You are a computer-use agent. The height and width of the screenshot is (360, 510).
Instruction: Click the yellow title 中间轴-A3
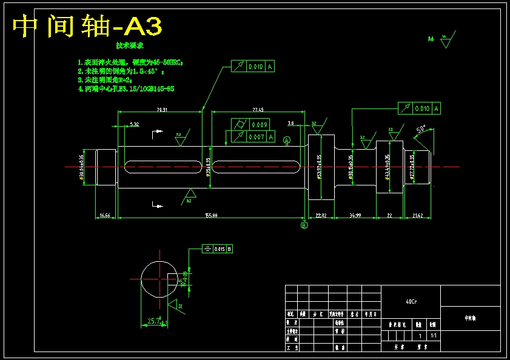[x=87, y=27]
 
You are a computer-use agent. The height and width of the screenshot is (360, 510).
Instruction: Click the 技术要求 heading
[x=130, y=45]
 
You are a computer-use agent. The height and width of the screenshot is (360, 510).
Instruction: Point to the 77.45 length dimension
[x=258, y=110]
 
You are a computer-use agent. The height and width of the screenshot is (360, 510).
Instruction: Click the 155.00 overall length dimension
[x=212, y=215]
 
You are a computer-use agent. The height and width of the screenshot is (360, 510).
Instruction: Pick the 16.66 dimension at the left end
[x=105, y=215]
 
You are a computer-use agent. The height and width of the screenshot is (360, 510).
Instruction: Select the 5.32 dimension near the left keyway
[x=134, y=124]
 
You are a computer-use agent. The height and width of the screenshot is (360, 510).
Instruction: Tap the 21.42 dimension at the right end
[x=418, y=215]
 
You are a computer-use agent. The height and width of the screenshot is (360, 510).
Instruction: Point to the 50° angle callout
[x=421, y=129]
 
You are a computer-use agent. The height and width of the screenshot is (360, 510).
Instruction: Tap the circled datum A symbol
[x=287, y=140]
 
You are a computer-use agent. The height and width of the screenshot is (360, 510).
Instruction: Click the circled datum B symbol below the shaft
[x=304, y=225]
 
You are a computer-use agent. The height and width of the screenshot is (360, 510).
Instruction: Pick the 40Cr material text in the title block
[x=411, y=301]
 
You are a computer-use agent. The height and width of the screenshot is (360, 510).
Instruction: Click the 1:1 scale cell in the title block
[x=433, y=335]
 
